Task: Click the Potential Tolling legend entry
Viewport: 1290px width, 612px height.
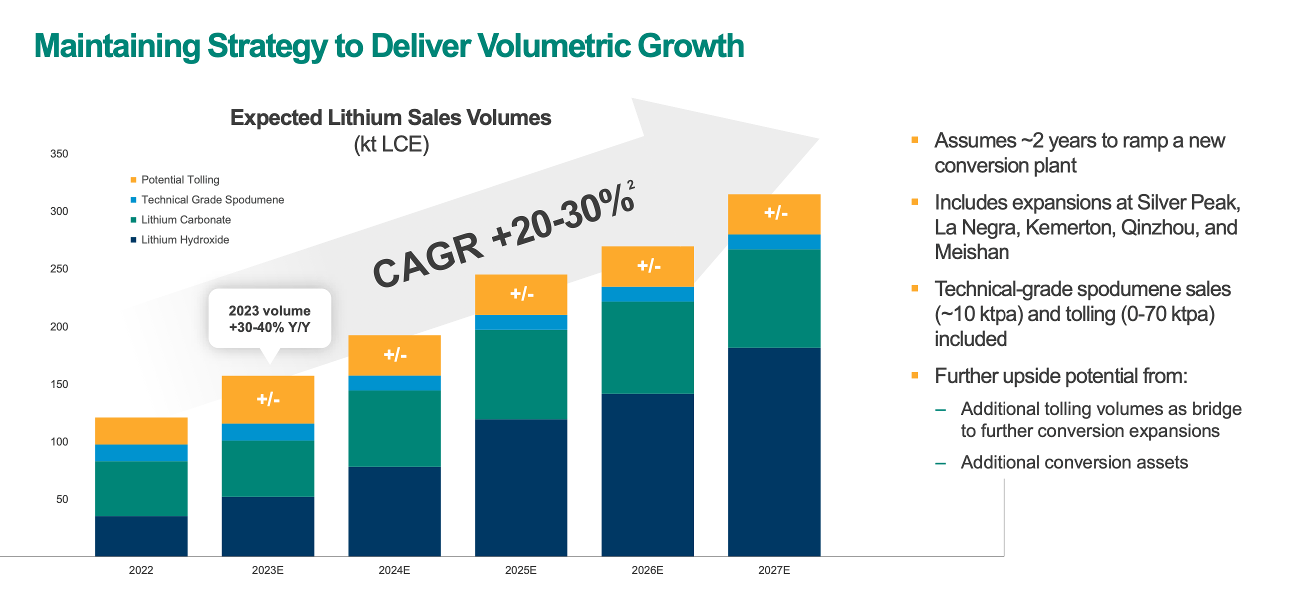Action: pos(179,180)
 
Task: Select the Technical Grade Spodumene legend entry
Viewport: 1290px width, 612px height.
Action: pos(212,200)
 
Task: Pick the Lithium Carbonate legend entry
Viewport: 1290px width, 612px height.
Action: pos(185,220)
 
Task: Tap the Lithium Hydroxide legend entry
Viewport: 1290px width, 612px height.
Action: pos(184,240)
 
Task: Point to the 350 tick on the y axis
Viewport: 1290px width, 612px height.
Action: pos(59,154)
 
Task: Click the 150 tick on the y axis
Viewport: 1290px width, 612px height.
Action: pos(59,384)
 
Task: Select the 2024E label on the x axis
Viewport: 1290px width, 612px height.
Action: pos(394,570)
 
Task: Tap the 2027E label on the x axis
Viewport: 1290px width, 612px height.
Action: pos(773,570)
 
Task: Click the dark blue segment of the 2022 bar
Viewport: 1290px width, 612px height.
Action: pos(141,536)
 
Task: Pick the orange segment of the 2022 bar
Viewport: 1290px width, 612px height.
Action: pos(141,430)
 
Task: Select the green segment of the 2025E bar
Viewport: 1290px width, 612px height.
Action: pos(521,374)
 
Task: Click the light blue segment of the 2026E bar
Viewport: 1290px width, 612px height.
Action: pos(647,294)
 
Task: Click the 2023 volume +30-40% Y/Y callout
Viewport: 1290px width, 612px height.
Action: pos(269,318)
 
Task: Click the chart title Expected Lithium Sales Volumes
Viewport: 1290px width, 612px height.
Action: pos(390,117)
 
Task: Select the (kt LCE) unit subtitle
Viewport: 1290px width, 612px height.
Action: pos(391,144)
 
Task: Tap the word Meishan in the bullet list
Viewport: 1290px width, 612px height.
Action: pos(971,252)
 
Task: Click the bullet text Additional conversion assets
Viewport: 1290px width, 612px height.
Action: pos(1074,462)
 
